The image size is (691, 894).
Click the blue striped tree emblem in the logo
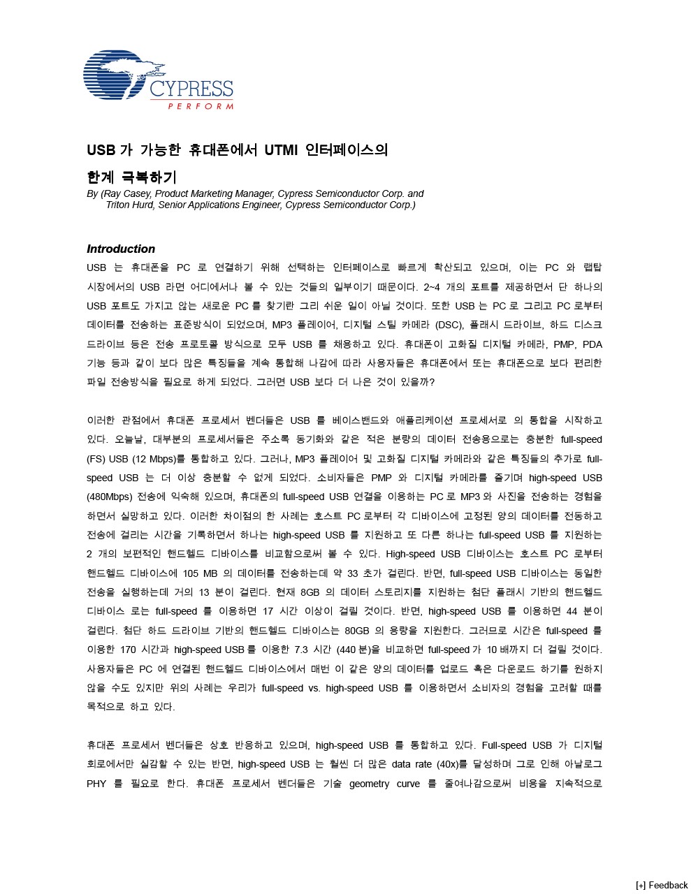tap(115, 73)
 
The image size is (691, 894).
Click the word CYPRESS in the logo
tap(191, 89)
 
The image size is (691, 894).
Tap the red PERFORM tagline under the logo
tap(201, 106)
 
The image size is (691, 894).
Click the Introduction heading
tap(121, 249)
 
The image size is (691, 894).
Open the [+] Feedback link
tap(661, 885)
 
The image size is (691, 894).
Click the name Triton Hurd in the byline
tap(130, 205)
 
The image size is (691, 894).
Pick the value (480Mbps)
tap(110, 497)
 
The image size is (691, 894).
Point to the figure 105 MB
tap(201, 573)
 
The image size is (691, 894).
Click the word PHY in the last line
tap(96, 784)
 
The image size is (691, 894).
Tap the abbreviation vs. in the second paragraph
tap(314, 688)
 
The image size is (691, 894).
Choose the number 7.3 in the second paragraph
tap(302, 650)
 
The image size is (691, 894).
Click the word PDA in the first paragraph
tap(592, 344)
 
